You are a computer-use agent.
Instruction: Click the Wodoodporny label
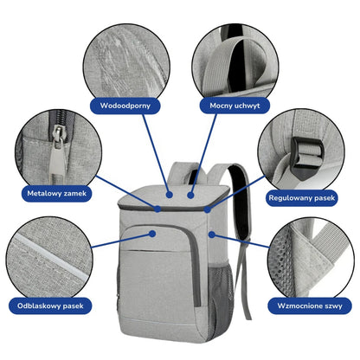pyautogui.click(x=125, y=106)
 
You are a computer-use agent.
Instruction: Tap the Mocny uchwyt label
pyautogui.click(x=235, y=106)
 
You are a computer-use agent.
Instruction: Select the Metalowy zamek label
pyautogui.click(x=56, y=193)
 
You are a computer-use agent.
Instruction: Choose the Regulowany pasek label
pyautogui.click(x=301, y=198)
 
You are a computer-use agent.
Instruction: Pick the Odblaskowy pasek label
pyautogui.click(x=50, y=305)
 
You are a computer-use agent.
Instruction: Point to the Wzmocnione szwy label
pyautogui.click(x=310, y=305)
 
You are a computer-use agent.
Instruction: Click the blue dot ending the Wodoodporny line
pyautogui.click(x=170, y=195)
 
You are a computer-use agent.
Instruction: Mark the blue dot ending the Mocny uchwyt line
pyautogui.click(x=190, y=196)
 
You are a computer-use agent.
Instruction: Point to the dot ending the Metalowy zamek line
pyautogui.click(x=157, y=209)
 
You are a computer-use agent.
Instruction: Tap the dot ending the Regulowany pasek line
pyautogui.click(x=208, y=209)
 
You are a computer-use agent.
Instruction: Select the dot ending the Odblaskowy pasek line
pyautogui.click(x=152, y=234)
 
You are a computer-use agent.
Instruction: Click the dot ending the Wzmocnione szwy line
pyautogui.click(x=212, y=235)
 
